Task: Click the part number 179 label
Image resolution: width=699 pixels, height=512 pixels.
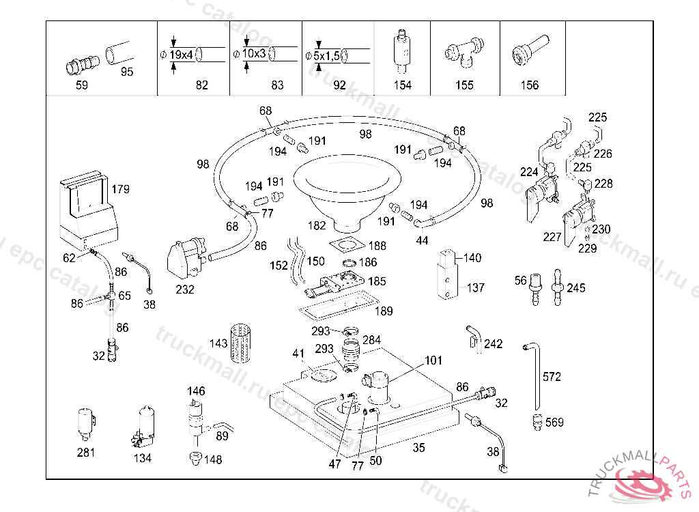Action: click(x=120, y=189)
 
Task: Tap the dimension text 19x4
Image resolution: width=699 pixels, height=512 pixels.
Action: click(x=182, y=54)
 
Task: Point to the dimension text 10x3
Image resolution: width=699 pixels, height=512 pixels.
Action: click(x=254, y=53)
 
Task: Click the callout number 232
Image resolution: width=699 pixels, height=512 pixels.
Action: click(x=185, y=289)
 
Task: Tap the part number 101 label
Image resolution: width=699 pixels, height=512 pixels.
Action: click(x=434, y=360)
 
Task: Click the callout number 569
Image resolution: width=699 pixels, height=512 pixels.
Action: click(x=555, y=423)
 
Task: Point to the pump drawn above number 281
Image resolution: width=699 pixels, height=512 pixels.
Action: click(x=86, y=423)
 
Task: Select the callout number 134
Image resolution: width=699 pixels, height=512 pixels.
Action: click(x=143, y=458)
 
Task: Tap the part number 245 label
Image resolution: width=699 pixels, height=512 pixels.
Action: click(x=576, y=288)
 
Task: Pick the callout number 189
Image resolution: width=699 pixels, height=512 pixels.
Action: click(x=384, y=311)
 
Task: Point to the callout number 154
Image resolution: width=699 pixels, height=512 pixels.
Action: click(x=403, y=85)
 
